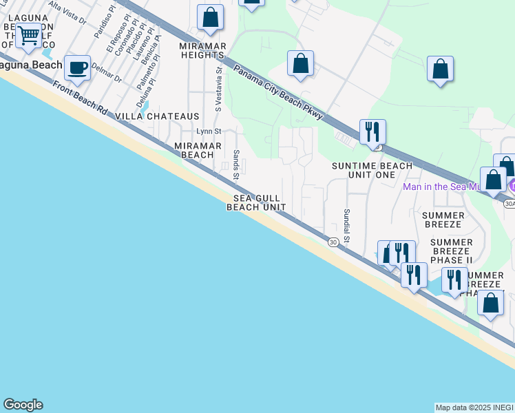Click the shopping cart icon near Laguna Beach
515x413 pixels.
[28, 35]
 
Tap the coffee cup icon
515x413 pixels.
[77, 68]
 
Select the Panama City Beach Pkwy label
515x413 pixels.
[277, 92]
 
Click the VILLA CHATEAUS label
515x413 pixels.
[157, 116]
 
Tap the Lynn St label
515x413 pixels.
[209, 131]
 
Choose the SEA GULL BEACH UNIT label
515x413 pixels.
[256, 202]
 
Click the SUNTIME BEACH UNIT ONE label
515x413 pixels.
[372, 170]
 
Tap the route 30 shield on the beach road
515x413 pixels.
[333, 242]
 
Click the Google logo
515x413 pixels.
[23, 405]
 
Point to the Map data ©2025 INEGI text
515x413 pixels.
[474, 407]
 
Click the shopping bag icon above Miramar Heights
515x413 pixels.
[210, 17]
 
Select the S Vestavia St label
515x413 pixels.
[219, 89]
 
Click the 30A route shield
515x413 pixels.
[509, 204]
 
